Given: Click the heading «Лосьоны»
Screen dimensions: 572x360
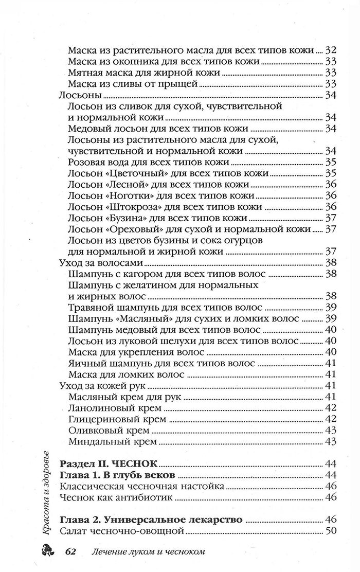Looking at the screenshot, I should [x=77, y=95].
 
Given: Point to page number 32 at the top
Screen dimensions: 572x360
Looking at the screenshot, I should [x=331, y=50].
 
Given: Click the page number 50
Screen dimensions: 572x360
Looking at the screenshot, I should [x=331, y=530].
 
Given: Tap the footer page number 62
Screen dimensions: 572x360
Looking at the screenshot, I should [x=70, y=551].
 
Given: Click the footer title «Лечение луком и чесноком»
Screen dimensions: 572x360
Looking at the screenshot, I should [x=148, y=551].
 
